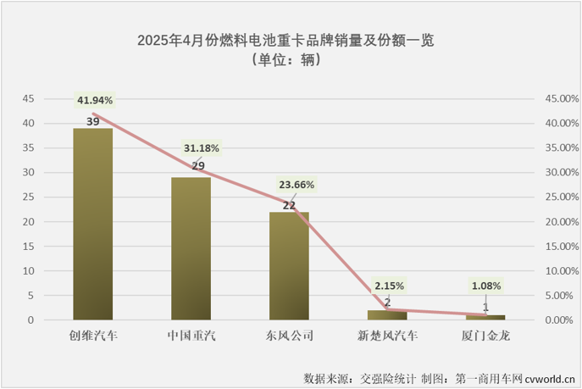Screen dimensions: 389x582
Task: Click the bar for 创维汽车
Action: pyautogui.click(x=92, y=225)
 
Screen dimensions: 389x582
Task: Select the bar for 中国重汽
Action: pyautogui.click(x=191, y=249)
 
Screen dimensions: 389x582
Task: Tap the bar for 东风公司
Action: pyautogui.click(x=289, y=266)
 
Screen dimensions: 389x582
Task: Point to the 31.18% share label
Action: pyautogui.click(x=201, y=149)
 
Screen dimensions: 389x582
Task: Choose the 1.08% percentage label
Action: pyautogui.click(x=485, y=286)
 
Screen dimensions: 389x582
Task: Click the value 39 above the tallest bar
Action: pyautogui.click(x=93, y=122)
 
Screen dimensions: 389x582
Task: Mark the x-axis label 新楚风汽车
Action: pyautogui.click(x=387, y=336)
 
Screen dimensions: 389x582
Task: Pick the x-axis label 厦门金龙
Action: pyautogui.click(x=485, y=336)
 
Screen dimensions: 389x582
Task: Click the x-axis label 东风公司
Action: pyautogui.click(x=289, y=336)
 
